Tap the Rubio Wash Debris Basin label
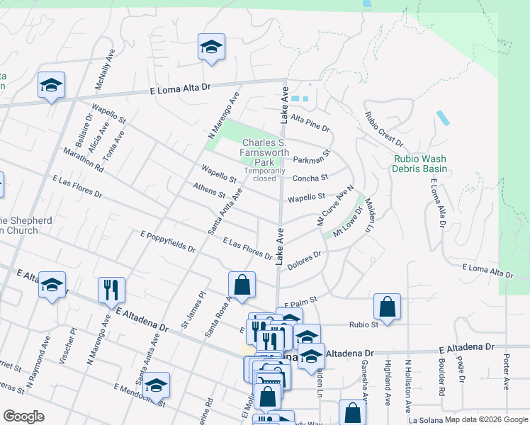tap(420, 164)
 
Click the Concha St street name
tap(310, 178)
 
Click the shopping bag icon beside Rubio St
tap(387, 307)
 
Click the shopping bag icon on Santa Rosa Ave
tap(242, 284)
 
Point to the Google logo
tap(24, 416)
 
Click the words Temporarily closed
tap(265, 174)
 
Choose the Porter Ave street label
tap(507, 373)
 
